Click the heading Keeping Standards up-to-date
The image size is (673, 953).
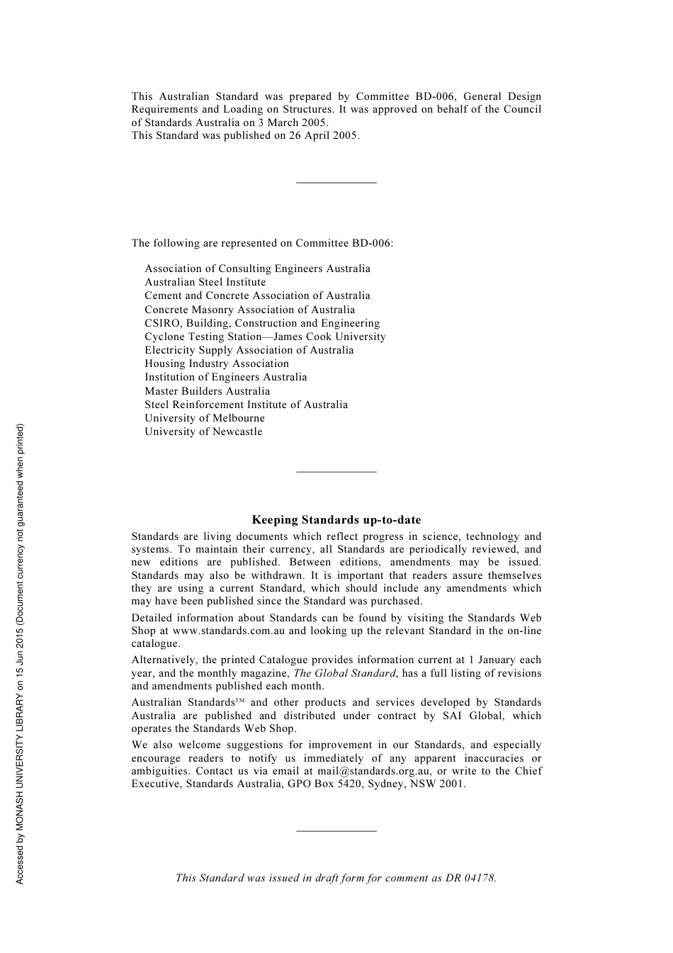[336, 520]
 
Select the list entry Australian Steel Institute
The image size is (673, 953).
[205, 282]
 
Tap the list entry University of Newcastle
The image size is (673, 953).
[203, 432]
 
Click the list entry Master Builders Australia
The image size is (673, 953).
[207, 391]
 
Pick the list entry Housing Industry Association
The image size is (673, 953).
[217, 363]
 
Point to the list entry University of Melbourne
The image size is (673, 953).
[205, 418]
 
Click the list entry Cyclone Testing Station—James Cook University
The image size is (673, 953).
[265, 337]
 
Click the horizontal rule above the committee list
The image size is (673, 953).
[336, 184]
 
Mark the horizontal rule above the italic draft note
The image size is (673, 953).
[336, 830]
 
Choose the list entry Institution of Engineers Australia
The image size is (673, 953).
[225, 377]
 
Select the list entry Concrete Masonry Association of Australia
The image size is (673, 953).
[249, 310]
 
